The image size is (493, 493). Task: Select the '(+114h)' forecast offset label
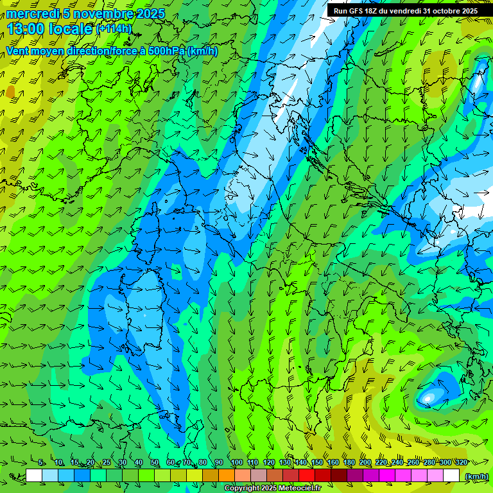(114, 29)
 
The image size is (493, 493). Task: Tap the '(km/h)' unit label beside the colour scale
(476, 476)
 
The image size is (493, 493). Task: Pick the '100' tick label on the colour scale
(236, 463)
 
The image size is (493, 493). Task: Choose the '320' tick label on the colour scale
(460, 463)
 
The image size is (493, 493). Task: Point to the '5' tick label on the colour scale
(41, 463)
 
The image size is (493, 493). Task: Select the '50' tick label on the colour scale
(155, 463)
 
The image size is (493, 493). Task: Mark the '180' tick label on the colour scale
(349, 463)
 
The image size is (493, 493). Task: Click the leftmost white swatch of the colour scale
(34, 476)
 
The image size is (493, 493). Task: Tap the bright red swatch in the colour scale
(307, 476)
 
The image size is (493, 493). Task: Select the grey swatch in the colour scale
(259, 476)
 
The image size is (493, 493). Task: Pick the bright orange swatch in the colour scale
(227, 476)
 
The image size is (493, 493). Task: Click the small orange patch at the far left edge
(10, 92)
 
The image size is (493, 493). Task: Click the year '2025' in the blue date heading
(151, 13)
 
